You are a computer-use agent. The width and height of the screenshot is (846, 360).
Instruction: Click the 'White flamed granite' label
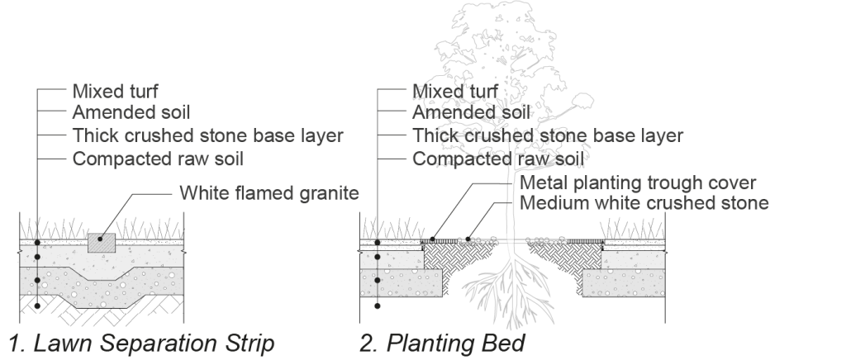(269, 195)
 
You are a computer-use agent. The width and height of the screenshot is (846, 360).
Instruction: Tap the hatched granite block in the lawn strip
(100, 240)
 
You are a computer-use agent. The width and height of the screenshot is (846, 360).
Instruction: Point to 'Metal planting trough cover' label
(639, 182)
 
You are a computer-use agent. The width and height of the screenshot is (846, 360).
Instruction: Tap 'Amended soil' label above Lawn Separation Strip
(131, 112)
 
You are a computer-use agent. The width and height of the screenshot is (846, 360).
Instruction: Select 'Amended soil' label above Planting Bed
(472, 112)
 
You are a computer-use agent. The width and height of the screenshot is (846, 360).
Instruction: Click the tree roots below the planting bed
(512, 297)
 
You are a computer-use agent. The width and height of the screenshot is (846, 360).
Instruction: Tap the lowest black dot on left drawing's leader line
(37, 306)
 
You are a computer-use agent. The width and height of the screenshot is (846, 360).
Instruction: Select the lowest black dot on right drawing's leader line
(378, 306)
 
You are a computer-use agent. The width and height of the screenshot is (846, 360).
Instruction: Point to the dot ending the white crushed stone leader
(468, 239)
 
